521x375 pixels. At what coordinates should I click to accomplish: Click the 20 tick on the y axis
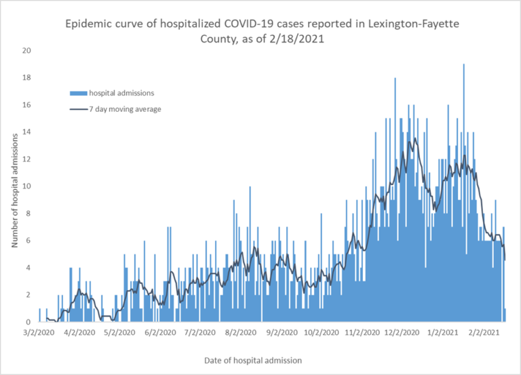pos(26,51)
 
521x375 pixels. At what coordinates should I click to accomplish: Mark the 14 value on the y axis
pos(26,132)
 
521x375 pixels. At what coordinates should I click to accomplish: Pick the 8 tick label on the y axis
pos(28,214)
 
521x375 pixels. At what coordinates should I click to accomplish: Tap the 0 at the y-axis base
pos(28,322)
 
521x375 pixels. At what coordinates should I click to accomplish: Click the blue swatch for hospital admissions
pos(79,93)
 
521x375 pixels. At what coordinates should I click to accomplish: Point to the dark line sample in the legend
pos(79,108)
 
